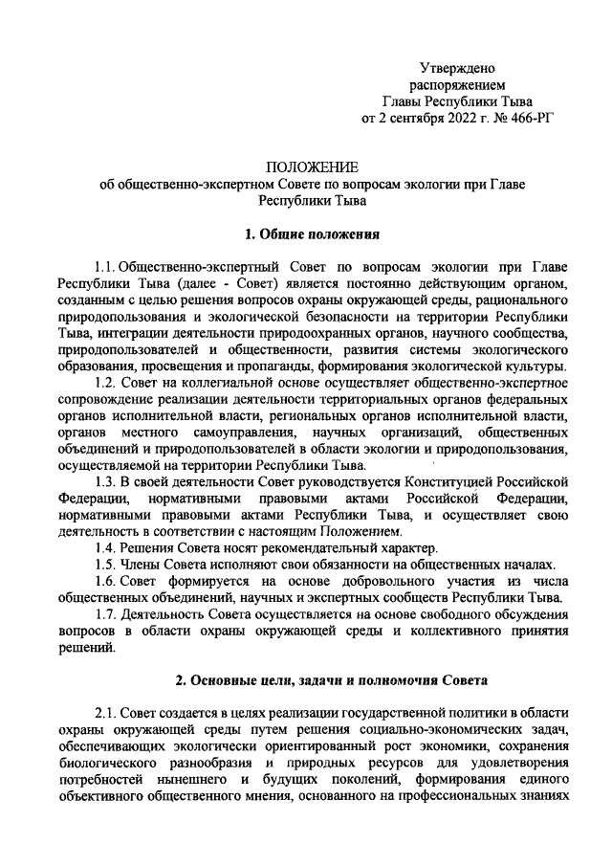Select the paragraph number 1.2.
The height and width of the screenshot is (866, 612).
point(106,382)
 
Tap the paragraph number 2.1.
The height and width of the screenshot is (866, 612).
point(106,713)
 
